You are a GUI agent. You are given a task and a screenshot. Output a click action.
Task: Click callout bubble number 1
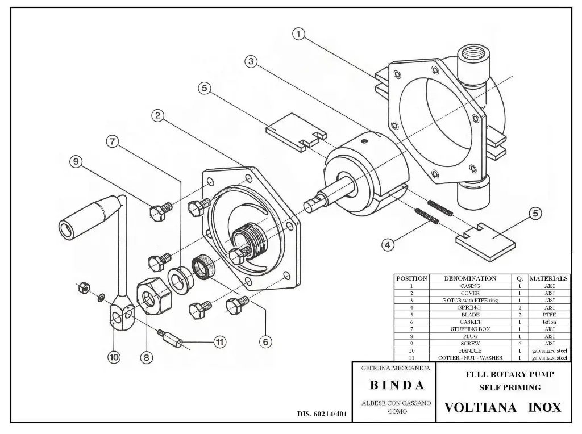[298, 34]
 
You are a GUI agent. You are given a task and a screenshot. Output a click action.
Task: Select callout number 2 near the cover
[159, 116]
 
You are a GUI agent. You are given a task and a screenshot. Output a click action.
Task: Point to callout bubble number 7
[114, 142]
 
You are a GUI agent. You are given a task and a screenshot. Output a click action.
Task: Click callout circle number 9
[75, 162]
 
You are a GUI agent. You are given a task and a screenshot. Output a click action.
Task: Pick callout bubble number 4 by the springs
[387, 245]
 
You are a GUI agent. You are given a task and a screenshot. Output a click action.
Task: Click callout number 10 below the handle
[114, 357]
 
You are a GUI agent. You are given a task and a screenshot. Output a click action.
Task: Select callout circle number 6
[265, 341]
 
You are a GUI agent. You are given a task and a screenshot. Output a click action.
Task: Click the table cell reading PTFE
[548, 315]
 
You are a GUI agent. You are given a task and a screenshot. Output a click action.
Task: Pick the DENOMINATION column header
[470, 278]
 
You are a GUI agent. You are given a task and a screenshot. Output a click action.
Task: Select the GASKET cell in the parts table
[470, 322]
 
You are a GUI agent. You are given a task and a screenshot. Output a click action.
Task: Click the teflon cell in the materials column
[548, 322]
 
